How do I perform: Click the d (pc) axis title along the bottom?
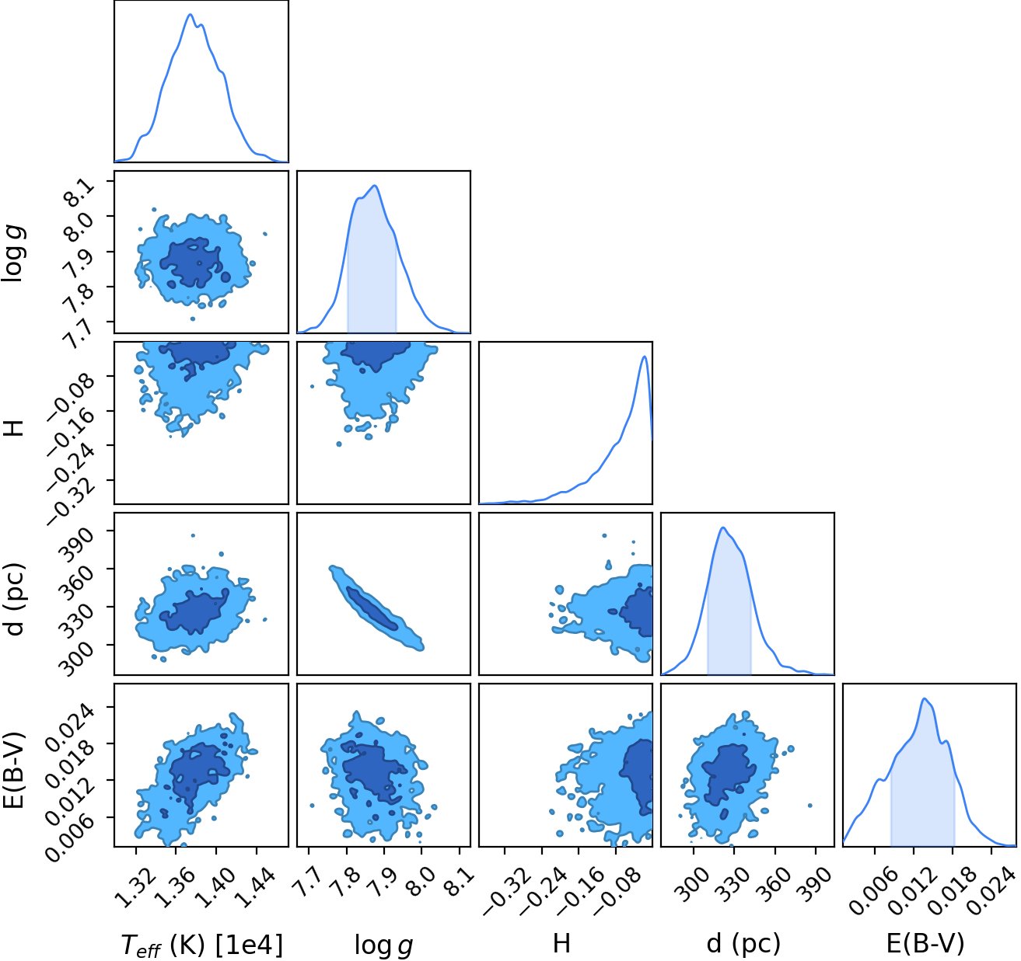[743, 944]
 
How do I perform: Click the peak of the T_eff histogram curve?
[191, 15]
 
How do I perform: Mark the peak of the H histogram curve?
[644, 357]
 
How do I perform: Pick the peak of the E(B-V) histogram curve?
[925, 698]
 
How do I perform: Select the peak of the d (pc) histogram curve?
[723, 528]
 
